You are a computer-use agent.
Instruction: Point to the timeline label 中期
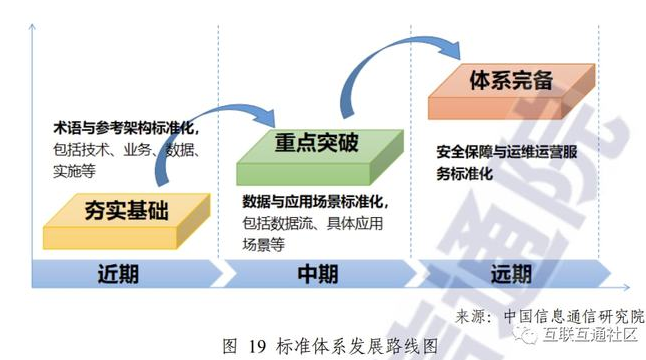tap(318, 273)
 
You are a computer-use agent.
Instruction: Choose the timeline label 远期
tap(513, 273)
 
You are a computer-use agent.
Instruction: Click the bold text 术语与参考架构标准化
tap(126, 128)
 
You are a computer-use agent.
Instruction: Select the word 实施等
tap(74, 172)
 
